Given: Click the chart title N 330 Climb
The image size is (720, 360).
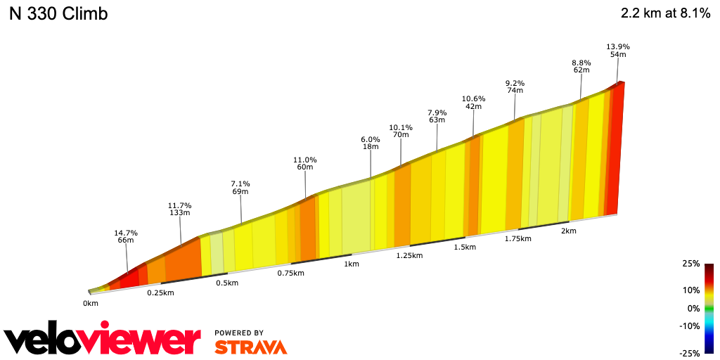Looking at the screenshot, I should (58, 14).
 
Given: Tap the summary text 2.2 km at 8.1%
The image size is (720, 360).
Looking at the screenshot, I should (665, 14).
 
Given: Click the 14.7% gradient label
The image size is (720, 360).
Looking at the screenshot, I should (126, 237).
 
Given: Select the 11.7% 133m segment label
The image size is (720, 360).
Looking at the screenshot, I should (179, 210).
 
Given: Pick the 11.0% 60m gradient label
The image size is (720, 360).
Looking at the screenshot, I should (305, 164).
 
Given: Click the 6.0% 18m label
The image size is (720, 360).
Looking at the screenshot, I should (371, 143).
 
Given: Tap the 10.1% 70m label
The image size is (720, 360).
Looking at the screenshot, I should (401, 131).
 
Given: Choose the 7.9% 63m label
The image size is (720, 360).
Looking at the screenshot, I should (437, 116).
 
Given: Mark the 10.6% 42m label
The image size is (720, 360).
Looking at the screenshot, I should (473, 103).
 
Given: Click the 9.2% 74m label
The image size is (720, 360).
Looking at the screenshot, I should (515, 87).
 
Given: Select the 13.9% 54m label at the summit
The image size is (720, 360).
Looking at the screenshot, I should (618, 51).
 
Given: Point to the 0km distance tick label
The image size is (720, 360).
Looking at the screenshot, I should (90, 303).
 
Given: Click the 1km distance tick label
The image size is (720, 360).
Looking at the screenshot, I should (352, 264).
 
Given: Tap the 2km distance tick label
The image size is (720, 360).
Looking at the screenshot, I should (568, 231).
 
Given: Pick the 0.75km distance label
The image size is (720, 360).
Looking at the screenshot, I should (290, 273).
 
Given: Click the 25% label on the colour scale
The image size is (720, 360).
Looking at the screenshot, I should (690, 264).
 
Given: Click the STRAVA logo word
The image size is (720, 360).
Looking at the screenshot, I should (250, 347).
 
